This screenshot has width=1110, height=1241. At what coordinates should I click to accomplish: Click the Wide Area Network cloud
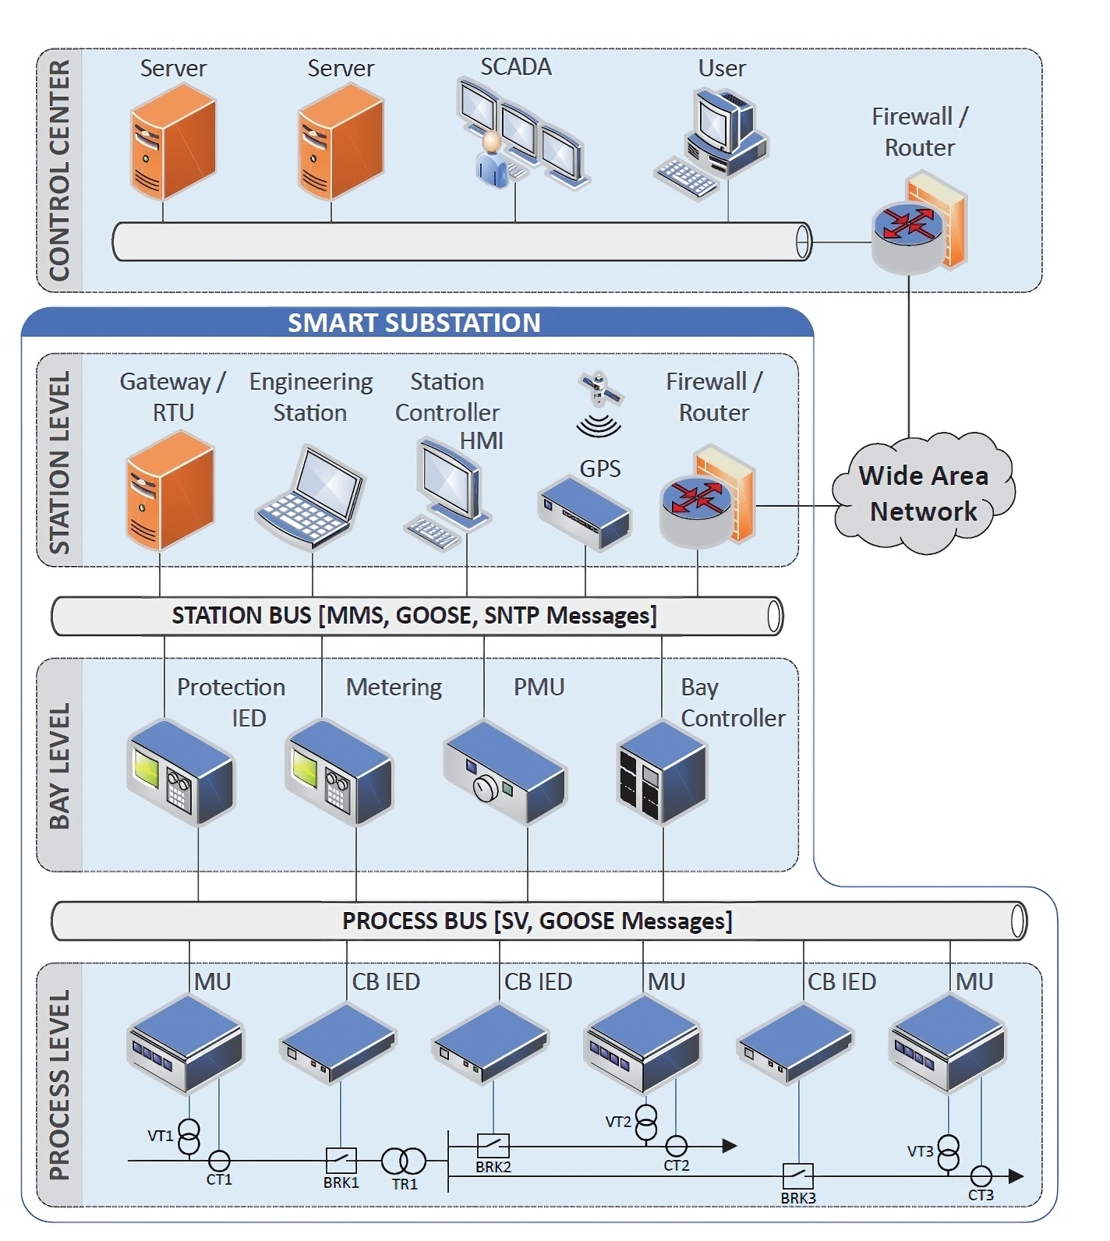[x=923, y=493]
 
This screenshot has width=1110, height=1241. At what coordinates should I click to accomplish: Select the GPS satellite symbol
[x=599, y=389]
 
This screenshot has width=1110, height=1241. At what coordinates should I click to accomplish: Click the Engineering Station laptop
[x=310, y=497]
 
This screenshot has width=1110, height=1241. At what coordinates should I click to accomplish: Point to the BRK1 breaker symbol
[x=341, y=1160]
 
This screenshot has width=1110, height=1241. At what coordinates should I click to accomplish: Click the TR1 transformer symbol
[x=403, y=1161]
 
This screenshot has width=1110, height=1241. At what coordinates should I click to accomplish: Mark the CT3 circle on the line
[x=981, y=1176]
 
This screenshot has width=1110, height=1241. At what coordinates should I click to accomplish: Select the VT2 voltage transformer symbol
[x=646, y=1122]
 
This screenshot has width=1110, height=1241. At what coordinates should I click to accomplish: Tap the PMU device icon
[x=505, y=771]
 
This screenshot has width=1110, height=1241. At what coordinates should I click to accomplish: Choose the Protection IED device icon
[x=181, y=772]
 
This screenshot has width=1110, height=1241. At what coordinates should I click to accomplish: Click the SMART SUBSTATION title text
[x=414, y=323]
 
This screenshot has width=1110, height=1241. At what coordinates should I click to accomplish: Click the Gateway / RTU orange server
[x=170, y=490]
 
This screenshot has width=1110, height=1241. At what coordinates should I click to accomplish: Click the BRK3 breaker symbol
[x=797, y=1176]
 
